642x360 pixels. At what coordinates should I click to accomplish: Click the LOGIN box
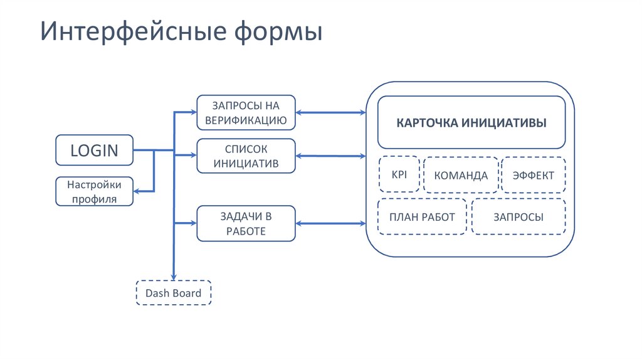pos(94,150)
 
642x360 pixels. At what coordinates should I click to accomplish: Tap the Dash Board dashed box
pos(174,293)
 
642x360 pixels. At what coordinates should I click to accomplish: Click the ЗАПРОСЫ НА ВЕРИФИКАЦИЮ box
pos(246,112)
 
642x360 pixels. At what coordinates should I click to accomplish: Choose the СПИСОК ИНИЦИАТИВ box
pos(246,156)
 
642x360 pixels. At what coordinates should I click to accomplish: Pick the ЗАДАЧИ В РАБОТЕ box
pos(246,223)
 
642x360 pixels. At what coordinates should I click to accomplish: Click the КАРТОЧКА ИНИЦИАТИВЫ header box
pos(471,122)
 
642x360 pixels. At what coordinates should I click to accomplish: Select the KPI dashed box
pos(399,174)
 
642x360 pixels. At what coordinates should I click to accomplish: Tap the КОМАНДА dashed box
pos(461,176)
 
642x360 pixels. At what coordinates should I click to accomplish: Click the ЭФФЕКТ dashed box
pos(533,176)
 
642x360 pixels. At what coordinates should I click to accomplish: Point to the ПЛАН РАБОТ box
pos(422,217)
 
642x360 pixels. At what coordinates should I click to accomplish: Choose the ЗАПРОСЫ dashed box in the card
pos(518,217)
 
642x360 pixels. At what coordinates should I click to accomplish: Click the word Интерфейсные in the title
pos(129,31)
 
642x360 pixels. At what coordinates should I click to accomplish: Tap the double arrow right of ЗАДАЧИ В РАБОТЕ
pos(330,223)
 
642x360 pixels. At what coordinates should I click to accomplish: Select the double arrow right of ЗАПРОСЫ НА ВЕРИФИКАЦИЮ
pos(330,113)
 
